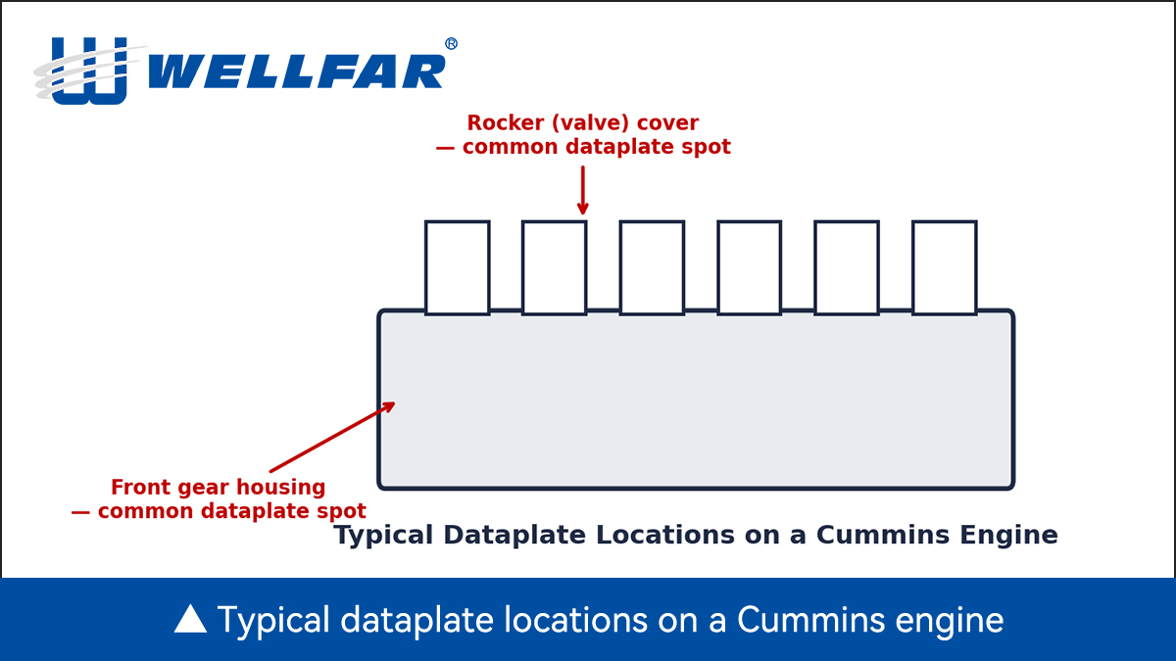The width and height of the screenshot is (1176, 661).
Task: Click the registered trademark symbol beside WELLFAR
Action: [451, 44]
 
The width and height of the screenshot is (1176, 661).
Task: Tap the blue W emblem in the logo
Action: [90, 71]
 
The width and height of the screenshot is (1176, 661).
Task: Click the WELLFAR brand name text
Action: [297, 71]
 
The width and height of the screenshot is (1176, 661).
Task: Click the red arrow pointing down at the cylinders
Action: [583, 190]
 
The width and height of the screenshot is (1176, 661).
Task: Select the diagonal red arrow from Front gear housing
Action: [332, 437]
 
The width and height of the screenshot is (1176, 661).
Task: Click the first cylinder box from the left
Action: [458, 267]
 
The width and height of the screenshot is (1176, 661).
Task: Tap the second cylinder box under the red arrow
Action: [555, 267]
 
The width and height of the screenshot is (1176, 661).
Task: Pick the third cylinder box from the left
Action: [652, 267]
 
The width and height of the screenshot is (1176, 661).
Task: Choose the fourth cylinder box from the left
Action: [749, 267]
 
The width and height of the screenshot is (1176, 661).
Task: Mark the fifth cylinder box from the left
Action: [847, 267]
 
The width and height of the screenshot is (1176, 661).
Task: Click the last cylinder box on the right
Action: [945, 267]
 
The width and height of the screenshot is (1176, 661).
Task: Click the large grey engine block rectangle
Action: [696, 400]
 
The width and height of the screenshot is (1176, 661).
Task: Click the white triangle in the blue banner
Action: [190, 618]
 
